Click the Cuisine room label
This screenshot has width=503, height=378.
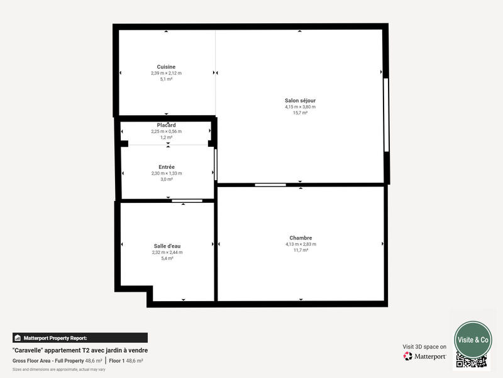coord(166,67)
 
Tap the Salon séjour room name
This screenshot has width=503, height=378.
coord(300,101)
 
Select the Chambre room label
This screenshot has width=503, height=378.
coord(301,238)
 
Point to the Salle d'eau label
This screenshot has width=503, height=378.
coord(167,246)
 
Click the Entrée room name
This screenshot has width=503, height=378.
coord(167,167)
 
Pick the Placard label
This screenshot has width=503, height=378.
coord(167,125)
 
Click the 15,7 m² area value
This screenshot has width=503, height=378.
coord(300,113)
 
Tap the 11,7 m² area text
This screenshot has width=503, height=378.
coord(301,250)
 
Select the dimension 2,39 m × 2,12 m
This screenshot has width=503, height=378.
coord(166,73)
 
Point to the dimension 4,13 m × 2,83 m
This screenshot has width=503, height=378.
coord(301,244)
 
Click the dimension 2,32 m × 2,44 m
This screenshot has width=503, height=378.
coord(167,253)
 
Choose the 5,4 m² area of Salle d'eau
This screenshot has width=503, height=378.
coord(167,258)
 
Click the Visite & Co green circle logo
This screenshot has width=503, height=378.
coord(473,340)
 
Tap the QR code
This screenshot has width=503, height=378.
coord(472,361)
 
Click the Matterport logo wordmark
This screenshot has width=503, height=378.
coord(425,357)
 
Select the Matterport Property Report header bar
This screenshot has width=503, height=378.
coord(80,338)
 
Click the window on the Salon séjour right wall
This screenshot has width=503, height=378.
coord(386,115)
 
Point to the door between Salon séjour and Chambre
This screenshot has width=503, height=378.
coord(270,185)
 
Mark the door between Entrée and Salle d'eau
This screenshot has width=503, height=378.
coord(187,201)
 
